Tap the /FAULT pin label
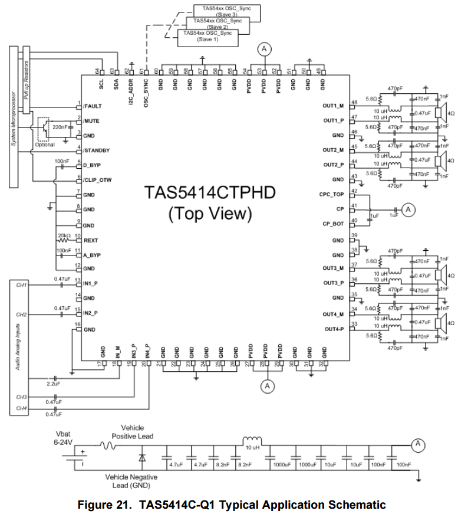coord(93,106)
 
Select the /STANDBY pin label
coord(97,150)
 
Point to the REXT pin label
coord(91,240)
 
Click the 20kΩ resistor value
coord(64,235)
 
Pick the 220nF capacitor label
coord(60,127)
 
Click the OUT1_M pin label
coord(333,106)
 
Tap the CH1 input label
coord(22,285)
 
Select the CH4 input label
coord(22,408)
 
